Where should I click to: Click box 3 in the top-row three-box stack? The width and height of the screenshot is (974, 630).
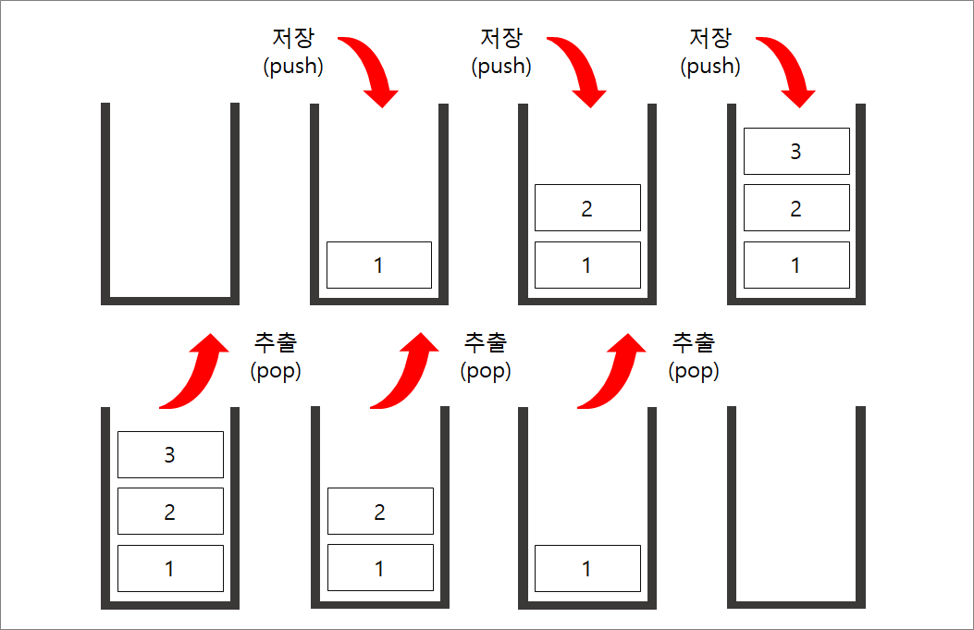(x=796, y=151)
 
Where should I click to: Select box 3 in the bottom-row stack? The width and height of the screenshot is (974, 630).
(x=170, y=454)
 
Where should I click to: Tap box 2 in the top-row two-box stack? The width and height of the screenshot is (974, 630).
(x=587, y=207)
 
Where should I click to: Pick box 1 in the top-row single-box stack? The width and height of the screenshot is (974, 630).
(x=378, y=265)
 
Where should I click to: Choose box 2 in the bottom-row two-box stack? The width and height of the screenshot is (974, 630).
(x=380, y=511)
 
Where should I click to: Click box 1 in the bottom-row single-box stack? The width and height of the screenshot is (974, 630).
(x=587, y=568)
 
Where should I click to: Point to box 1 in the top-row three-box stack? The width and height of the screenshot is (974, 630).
(x=796, y=265)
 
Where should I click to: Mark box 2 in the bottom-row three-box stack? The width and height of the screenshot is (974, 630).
(x=170, y=511)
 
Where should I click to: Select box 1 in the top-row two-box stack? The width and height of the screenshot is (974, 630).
(x=587, y=265)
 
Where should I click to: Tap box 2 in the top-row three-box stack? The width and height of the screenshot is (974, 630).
(x=796, y=207)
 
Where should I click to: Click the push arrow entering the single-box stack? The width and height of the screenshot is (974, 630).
(x=372, y=69)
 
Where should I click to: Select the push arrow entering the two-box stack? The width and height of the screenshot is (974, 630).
(x=580, y=69)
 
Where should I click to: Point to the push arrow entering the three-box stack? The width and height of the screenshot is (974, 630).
(x=789, y=69)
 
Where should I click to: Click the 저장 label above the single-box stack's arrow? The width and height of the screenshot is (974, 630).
(x=294, y=39)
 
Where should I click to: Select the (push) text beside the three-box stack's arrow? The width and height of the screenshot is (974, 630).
(x=710, y=67)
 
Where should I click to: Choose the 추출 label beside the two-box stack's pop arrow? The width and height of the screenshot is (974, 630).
(x=486, y=342)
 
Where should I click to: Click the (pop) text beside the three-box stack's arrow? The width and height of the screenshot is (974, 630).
(x=276, y=371)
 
